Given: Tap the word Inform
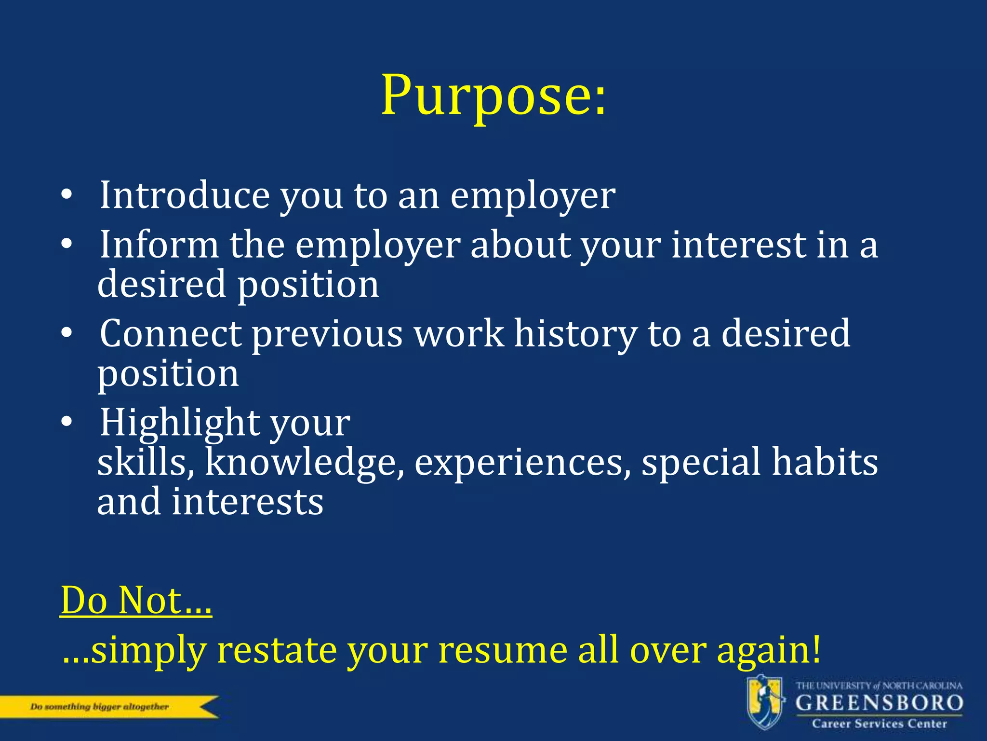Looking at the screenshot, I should point(159,245).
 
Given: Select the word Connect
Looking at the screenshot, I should point(171,334).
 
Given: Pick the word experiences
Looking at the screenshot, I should point(522,462).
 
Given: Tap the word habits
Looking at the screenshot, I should point(825,462).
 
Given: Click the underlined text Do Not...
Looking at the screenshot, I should point(136,601).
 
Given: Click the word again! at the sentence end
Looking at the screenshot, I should point(768,650).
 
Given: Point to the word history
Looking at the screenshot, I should point(575,334).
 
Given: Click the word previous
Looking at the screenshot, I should point(328,334).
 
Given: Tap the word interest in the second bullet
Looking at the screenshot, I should point(738,245).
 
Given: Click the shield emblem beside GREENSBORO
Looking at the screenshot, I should point(765,702).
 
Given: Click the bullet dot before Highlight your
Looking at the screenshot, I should point(67,421).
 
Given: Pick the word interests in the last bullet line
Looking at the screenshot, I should point(248,502).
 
